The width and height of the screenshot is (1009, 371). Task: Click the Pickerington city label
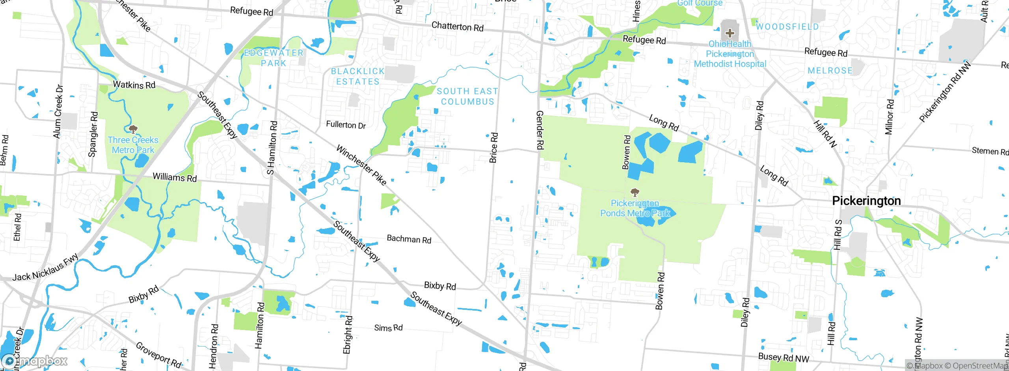pos(866,201)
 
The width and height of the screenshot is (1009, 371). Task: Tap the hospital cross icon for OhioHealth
pos(729,33)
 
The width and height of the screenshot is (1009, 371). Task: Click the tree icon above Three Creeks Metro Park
pos(133,129)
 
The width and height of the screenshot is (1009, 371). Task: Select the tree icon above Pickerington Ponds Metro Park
pos(635,193)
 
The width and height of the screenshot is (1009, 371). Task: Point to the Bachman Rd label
pos(409,239)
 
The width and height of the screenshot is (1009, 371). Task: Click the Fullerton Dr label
pos(346,125)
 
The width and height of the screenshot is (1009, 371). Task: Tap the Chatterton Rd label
pos(457,27)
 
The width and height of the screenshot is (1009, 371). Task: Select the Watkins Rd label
pos(134,85)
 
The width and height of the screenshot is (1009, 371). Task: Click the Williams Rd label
pos(175,178)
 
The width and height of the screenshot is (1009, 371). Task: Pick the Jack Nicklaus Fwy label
pos(45,270)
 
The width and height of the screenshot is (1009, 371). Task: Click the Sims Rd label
pos(388,328)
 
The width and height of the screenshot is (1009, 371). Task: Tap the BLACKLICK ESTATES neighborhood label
pos(357,77)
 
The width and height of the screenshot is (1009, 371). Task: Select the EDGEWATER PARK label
pos(274,58)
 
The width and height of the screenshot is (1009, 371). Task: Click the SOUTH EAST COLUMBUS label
pos(467,96)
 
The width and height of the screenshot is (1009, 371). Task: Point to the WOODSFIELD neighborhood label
pos(787,27)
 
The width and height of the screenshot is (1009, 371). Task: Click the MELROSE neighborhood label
pos(830,71)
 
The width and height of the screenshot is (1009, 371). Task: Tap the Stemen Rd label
pos(989,151)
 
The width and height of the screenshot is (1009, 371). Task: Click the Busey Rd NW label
pos(783,358)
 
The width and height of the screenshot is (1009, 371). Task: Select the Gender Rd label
pos(540,130)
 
